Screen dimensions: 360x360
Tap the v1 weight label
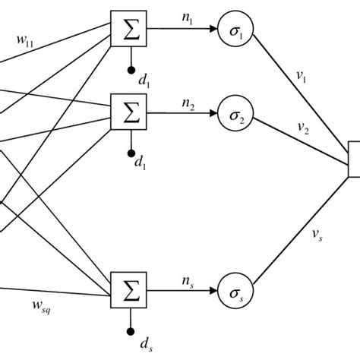click(x=302, y=76)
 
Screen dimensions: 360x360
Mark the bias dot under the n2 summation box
click(x=131, y=149)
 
